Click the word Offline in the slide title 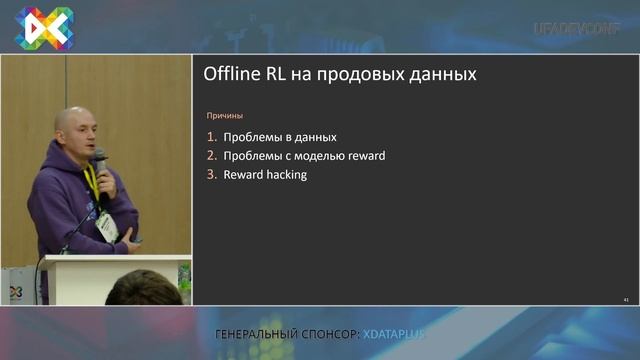pos(229,74)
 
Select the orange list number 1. pos(211,137)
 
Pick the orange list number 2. pos(211,156)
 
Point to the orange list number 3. pos(211,175)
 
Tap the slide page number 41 pos(625,299)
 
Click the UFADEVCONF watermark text pos(577,28)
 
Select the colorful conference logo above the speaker pos(43,27)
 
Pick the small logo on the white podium pos(15,291)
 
